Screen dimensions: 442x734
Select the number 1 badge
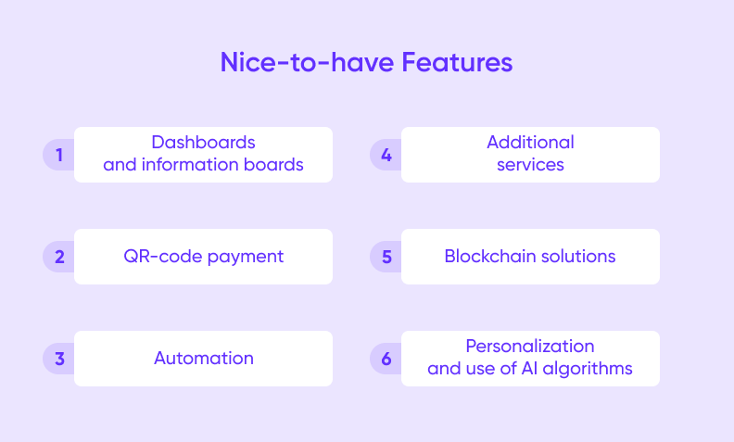(59, 155)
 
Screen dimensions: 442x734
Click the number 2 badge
(59, 257)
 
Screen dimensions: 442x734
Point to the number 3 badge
(59, 359)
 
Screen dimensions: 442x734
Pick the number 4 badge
(386, 155)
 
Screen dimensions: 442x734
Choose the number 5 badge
(386, 257)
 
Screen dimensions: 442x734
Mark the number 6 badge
(386, 359)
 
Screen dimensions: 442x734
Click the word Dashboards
(203, 143)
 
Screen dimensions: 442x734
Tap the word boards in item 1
(276, 166)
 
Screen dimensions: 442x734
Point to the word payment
(244, 257)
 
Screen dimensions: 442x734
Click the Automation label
(203, 359)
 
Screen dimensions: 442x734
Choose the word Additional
(530, 143)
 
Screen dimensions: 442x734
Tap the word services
(530, 166)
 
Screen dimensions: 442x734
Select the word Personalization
(530, 346)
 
